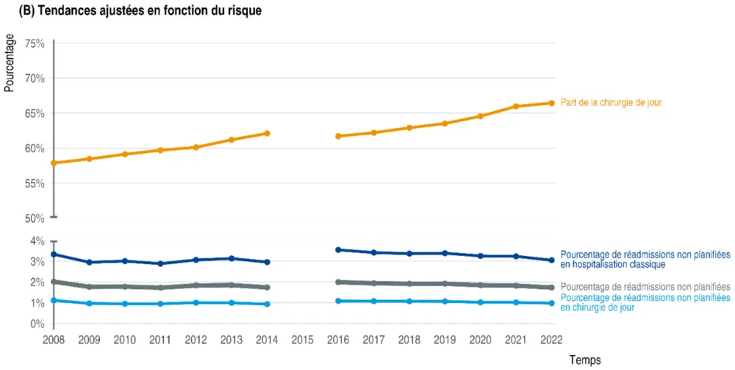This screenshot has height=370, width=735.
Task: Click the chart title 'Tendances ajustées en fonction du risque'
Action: point(140,11)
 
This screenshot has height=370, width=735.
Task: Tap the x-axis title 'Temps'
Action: point(584,360)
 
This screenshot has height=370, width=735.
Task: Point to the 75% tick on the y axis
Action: point(35,43)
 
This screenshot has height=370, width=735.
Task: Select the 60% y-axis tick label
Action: point(35,149)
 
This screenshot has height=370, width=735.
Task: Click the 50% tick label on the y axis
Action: point(35,218)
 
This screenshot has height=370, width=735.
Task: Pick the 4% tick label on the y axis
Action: point(37,241)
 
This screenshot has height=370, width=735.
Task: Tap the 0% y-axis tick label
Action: point(37,324)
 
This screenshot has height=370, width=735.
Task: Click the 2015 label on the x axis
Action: point(303,341)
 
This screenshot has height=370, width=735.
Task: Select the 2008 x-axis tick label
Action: point(54,341)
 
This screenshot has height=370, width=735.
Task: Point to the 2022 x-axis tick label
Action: point(551,341)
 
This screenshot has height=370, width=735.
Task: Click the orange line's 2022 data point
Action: point(551,103)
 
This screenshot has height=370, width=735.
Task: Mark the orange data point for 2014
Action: point(268,133)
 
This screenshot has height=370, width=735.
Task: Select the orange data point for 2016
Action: point(338,136)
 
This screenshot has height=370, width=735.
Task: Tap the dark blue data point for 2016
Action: point(338,250)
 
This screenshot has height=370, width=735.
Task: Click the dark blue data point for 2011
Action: point(160,263)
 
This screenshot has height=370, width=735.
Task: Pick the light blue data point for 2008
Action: point(54,300)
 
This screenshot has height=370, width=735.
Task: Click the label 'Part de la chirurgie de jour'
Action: point(611,103)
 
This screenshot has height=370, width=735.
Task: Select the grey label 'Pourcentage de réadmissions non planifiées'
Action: point(645,286)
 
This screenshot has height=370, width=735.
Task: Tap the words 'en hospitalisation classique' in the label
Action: point(613,264)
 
